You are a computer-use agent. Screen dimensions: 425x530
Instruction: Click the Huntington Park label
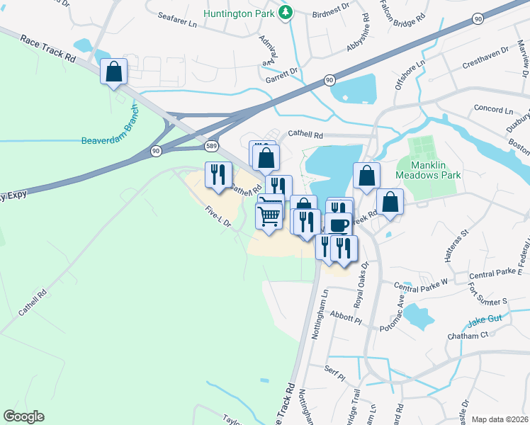tap(239, 13)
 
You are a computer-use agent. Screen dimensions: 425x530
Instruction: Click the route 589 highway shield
tap(212, 146)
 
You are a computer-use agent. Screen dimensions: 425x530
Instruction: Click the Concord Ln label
tap(492, 110)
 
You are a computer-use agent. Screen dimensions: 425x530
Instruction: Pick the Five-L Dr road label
tap(218, 217)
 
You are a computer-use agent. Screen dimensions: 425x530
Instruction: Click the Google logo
tap(23, 416)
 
